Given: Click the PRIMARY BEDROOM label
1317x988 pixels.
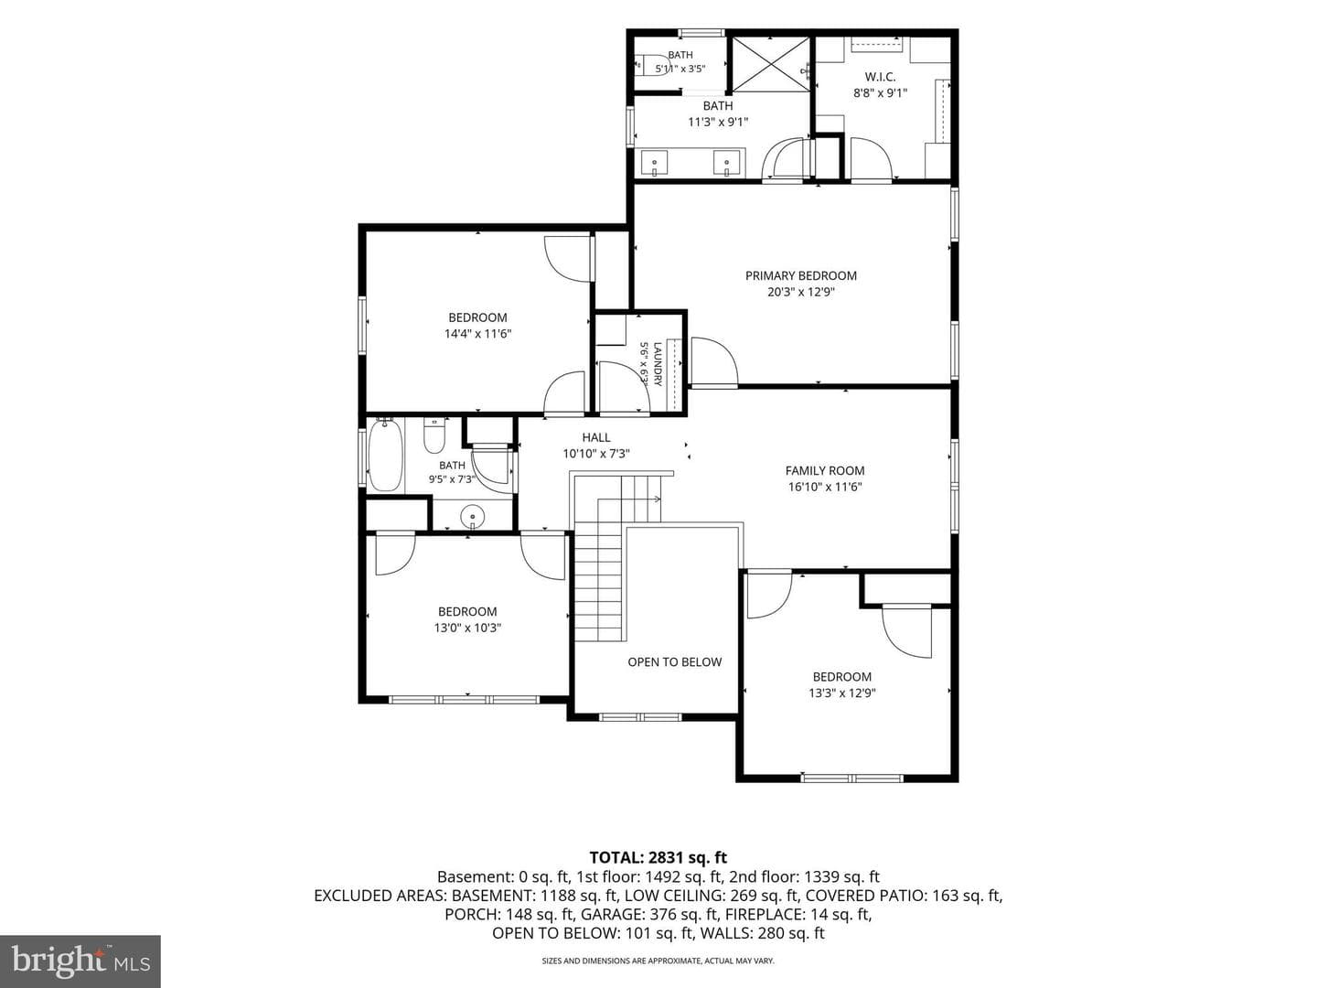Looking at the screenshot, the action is pyautogui.click(x=800, y=276).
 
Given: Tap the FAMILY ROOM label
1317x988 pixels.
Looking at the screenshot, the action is pyautogui.click(x=824, y=471).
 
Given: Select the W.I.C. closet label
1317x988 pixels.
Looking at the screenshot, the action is pyautogui.click(x=880, y=77).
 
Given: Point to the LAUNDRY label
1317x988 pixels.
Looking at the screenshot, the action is pyautogui.click(x=658, y=364).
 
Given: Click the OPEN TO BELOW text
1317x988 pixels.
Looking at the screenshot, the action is pyautogui.click(x=674, y=662).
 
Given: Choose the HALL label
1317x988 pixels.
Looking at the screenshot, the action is pyautogui.click(x=595, y=438).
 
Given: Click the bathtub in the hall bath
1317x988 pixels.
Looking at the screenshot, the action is pyautogui.click(x=385, y=455).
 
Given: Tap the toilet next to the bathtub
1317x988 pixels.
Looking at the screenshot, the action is pyautogui.click(x=434, y=435).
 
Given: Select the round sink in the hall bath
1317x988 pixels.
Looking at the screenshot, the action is pyautogui.click(x=472, y=515).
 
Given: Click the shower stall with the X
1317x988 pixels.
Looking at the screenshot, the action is pyautogui.click(x=771, y=64).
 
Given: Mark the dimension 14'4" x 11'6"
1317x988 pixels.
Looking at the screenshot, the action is pyautogui.click(x=477, y=334).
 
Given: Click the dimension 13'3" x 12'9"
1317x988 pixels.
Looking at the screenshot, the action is pyautogui.click(x=841, y=693).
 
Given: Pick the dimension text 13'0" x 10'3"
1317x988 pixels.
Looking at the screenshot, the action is pyautogui.click(x=467, y=628).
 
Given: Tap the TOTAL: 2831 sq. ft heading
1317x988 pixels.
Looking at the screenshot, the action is pyautogui.click(x=658, y=857).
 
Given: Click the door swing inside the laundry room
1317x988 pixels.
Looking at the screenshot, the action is pyautogui.click(x=624, y=386).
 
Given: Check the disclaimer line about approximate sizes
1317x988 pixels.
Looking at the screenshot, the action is pyautogui.click(x=658, y=961).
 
